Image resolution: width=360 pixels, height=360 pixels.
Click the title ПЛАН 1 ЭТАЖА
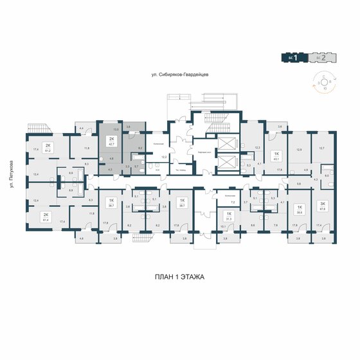pyautogui.click(x=180, y=277)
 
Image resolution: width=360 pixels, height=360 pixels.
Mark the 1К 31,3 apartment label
pyautogui.click(x=229, y=216)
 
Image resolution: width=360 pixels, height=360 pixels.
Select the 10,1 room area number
pyautogui.click(x=222, y=226)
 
